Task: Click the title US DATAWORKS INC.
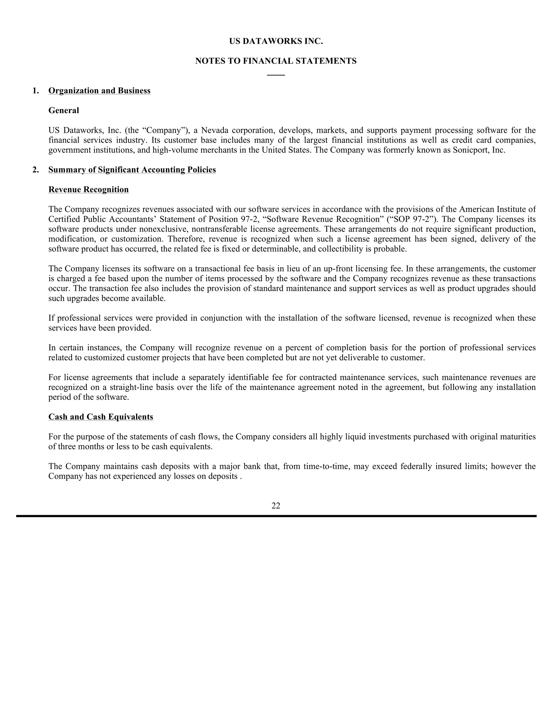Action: click(x=276, y=41)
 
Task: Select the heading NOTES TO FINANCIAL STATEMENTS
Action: click(x=276, y=61)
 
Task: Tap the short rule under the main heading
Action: click(x=276, y=75)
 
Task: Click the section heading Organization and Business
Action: click(x=99, y=91)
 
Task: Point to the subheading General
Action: click(x=64, y=110)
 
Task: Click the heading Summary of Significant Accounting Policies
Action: click(x=132, y=170)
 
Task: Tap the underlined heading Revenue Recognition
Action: click(x=89, y=190)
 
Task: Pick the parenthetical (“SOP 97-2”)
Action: click(x=411, y=219)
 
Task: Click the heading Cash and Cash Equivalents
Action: click(x=101, y=417)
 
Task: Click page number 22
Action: click(x=276, y=506)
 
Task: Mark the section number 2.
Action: click(x=36, y=170)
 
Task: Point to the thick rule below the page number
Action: click(x=276, y=516)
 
